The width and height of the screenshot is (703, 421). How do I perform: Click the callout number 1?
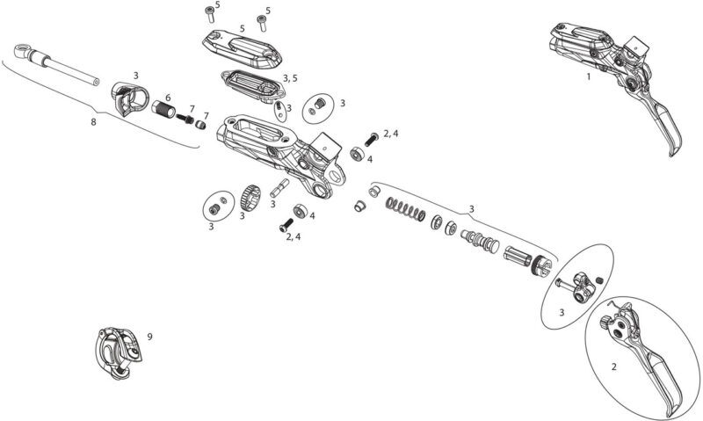click(x=588, y=76)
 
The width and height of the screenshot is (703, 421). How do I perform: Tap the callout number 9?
click(x=149, y=337)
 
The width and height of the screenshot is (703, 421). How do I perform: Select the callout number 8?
click(x=93, y=121)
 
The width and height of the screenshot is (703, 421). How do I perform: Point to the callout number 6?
click(x=168, y=98)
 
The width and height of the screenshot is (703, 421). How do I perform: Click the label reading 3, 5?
click(x=290, y=78)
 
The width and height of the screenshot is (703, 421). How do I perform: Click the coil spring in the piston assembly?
click(x=405, y=208)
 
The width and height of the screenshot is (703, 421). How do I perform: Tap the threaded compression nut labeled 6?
click(x=163, y=110)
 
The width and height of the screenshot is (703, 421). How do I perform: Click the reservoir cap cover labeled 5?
click(x=242, y=50)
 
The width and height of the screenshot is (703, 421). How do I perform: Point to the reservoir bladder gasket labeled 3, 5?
click(x=253, y=84)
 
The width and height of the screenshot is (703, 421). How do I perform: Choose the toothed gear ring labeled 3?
click(x=250, y=197)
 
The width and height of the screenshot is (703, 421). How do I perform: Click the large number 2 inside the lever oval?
click(x=613, y=367)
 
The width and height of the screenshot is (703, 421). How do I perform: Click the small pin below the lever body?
click(x=279, y=188)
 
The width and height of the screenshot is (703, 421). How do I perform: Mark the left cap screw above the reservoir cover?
click(x=209, y=13)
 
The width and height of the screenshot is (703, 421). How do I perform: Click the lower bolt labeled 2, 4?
click(x=286, y=225)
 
